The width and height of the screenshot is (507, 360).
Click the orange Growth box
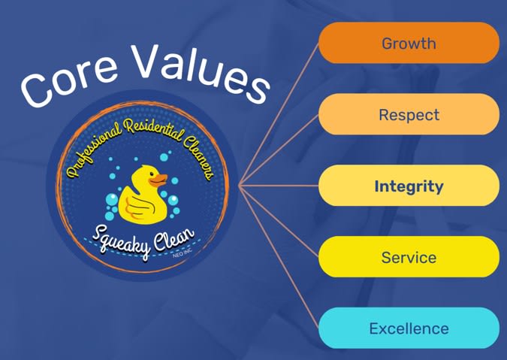click(x=409, y=43)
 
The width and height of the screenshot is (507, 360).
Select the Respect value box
click(x=409, y=114)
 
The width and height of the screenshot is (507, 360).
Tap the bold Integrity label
click(x=409, y=186)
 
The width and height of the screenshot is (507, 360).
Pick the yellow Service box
click(x=409, y=257)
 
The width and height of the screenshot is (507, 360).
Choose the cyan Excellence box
click(x=409, y=328)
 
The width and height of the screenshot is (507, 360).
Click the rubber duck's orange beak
click(x=158, y=180)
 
